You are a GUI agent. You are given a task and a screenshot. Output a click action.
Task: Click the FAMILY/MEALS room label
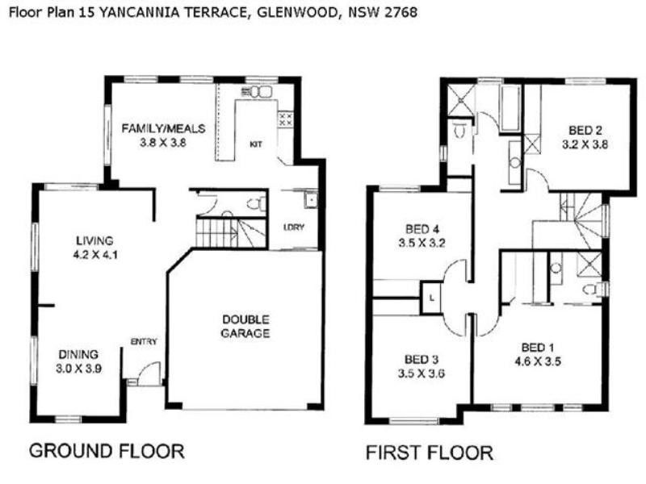point(164,128)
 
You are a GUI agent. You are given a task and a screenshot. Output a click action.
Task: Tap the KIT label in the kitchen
point(256,145)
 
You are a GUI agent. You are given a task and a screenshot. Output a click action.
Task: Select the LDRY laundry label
point(294,227)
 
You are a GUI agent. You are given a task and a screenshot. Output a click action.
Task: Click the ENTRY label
point(144,341)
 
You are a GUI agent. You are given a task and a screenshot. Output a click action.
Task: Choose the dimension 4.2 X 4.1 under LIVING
point(94,255)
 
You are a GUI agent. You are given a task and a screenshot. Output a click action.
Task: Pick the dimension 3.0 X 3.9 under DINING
point(78,368)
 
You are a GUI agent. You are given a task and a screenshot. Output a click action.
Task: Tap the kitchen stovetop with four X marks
point(285,120)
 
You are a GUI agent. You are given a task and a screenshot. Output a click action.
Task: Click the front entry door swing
point(146,373)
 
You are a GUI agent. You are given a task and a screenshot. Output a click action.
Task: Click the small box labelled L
point(433,297)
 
